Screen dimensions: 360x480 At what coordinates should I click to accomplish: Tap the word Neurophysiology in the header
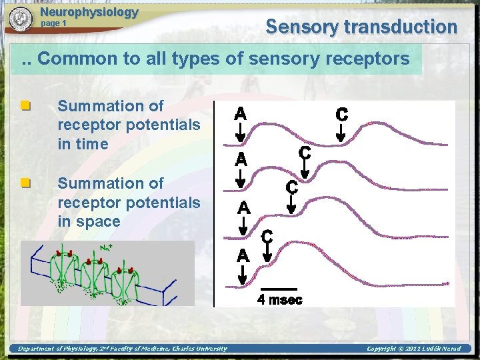(89, 12)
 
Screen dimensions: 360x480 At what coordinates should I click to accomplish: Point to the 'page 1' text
(54, 23)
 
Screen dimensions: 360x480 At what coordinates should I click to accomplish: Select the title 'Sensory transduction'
(361, 27)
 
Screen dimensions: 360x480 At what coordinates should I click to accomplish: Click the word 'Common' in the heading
(76, 59)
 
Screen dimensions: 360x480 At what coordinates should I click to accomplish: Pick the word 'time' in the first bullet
(93, 144)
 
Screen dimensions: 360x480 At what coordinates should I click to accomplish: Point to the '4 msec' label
(280, 300)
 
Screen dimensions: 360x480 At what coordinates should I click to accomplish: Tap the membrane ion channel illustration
(107, 273)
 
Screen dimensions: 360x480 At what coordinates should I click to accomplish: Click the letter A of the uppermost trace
(241, 114)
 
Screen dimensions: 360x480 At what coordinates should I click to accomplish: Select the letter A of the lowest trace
(243, 255)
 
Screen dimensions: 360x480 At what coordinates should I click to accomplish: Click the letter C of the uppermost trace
(341, 114)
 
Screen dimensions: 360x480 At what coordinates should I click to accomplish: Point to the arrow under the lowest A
(243, 274)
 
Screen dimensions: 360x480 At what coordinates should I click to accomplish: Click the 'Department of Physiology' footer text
(122, 348)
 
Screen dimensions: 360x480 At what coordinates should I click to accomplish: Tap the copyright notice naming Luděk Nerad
(413, 348)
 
